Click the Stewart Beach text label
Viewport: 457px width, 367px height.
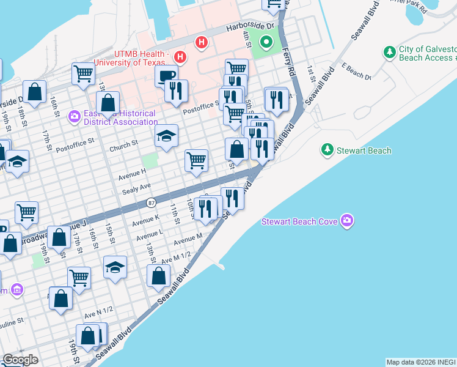click(364, 150)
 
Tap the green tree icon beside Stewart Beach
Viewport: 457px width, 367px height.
click(327, 150)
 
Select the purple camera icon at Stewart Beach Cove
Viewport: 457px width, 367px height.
click(347, 220)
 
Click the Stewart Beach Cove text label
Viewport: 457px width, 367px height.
click(300, 221)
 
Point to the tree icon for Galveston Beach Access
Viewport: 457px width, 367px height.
click(389, 53)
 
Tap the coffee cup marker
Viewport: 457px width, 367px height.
click(166, 76)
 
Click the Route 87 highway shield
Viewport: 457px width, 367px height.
click(151, 202)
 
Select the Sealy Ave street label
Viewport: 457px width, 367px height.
click(136, 189)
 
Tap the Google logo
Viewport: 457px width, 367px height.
click(20, 360)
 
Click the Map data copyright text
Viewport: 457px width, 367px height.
click(421, 362)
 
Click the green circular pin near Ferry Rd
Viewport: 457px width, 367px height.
click(266, 43)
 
